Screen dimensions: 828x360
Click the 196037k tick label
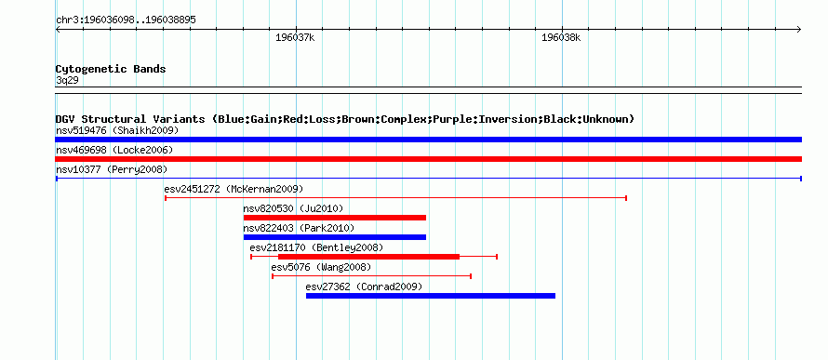(x=295, y=38)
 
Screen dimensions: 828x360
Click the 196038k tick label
(x=561, y=38)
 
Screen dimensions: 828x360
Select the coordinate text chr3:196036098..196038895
(x=126, y=20)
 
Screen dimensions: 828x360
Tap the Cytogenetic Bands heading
(x=111, y=69)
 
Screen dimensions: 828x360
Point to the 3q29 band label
(x=67, y=81)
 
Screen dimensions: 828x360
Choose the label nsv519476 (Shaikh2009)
(x=117, y=130)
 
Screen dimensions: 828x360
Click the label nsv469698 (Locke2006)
(x=114, y=150)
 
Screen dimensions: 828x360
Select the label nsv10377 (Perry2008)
(x=112, y=169)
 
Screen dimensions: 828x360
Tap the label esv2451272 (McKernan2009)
(x=234, y=189)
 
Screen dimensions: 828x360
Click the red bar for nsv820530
(x=335, y=218)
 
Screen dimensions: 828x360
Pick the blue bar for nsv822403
(x=335, y=237)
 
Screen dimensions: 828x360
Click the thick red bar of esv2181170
(x=368, y=257)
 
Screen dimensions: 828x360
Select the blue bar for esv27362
(x=431, y=296)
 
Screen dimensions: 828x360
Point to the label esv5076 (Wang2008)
(x=321, y=267)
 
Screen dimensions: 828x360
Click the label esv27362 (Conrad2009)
(x=364, y=287)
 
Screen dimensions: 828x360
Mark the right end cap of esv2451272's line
(x=626, y=198)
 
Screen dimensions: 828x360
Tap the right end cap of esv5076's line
(x=471, y=276)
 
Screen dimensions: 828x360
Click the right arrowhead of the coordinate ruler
(x=799, y=30)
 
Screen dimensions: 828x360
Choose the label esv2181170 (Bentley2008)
(x=316, y=247)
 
